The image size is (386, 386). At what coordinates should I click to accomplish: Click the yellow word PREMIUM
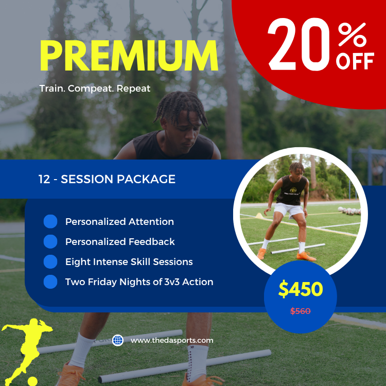129,56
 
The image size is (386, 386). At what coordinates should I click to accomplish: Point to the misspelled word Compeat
90,89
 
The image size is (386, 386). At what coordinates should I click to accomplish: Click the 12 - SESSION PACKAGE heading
107,179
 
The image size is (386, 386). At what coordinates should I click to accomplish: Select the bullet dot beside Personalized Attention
50,222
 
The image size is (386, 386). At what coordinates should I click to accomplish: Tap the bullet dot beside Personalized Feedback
50,241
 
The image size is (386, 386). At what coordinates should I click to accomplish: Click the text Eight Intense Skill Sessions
129,262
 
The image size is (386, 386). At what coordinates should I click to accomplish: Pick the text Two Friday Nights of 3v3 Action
139,282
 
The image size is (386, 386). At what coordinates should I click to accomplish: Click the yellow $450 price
301,290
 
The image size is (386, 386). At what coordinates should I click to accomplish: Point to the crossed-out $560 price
301,311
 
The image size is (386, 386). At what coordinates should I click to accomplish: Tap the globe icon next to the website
118,340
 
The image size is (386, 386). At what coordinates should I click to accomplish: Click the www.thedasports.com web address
172,340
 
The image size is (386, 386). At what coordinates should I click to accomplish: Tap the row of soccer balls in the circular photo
350,211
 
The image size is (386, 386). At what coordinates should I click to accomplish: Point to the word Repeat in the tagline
134,89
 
